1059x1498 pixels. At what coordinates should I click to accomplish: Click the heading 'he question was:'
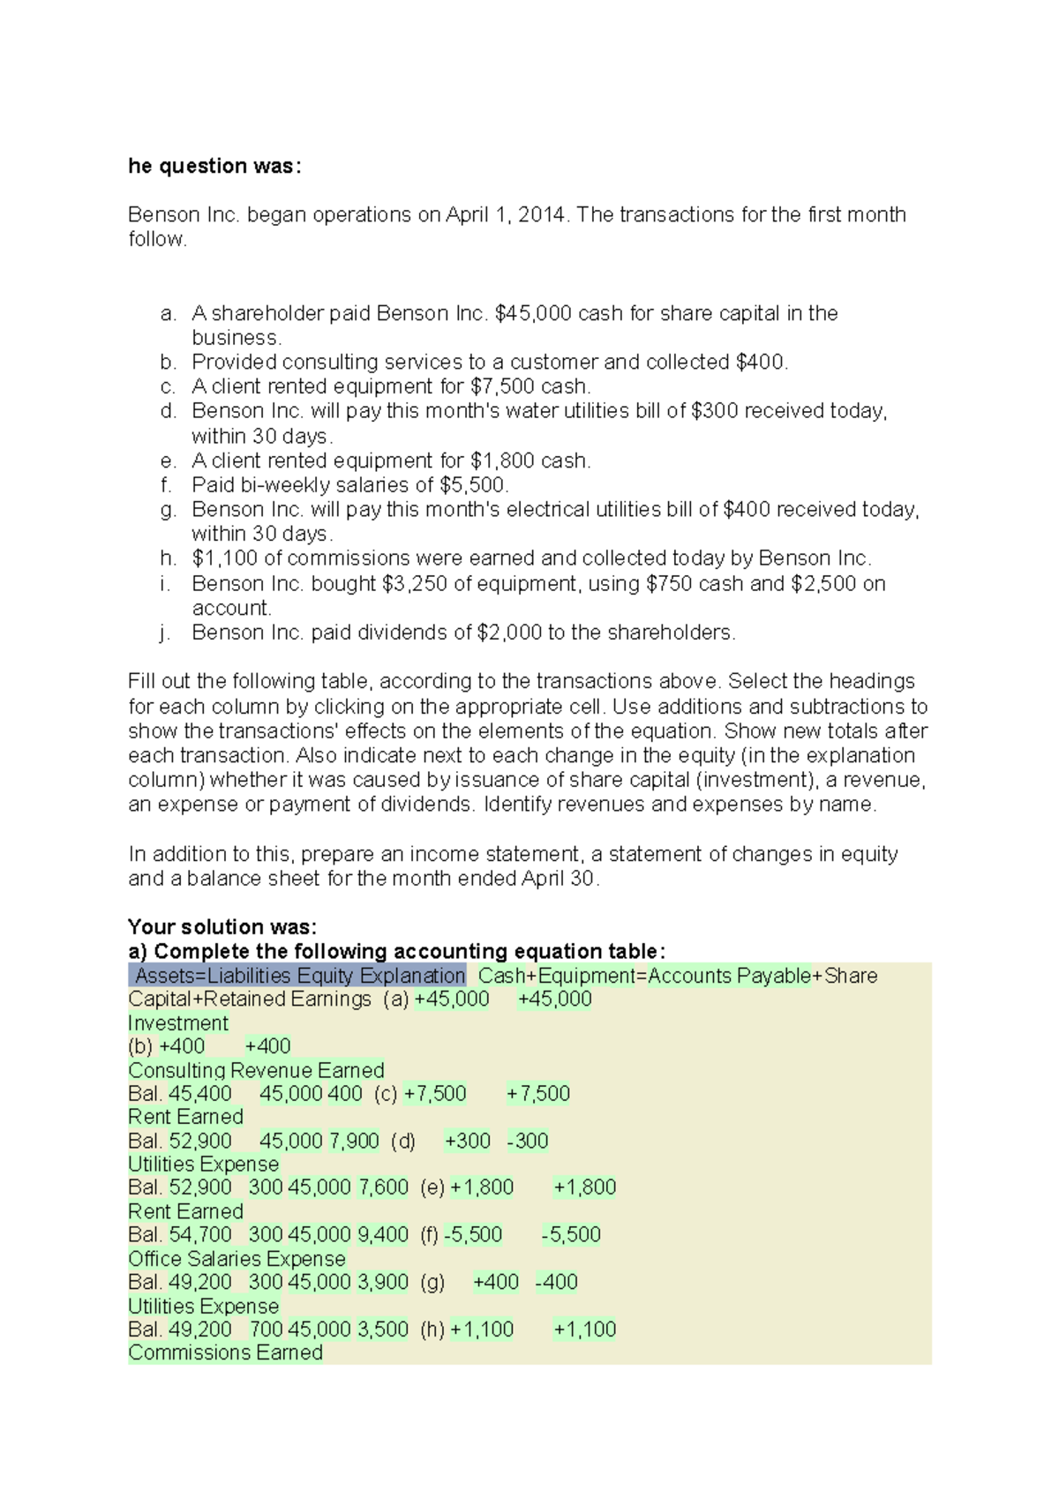pyautogui.click(x=214, y=166)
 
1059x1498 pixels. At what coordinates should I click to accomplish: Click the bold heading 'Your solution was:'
pyautogui.click(x=222, y=926)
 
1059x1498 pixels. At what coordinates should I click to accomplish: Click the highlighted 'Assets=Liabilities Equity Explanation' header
pyautogui.click(x=299, y=976)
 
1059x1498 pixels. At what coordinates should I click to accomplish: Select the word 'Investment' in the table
pyautogui.click(x=178, y=1023)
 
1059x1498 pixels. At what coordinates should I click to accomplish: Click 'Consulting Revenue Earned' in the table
pyautogui.click(x=256, y=1070)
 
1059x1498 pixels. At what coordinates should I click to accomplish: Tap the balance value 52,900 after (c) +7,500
pyautogui.click(x=200, y=1141)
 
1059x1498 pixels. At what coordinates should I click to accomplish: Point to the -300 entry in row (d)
pyautogui.click(x=528, y=1141)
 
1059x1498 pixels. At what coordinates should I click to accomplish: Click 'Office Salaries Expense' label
pyautogui.click(x=237, y=1259)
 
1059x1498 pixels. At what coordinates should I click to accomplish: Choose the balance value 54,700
pyautogui.click(x=200, y=1235)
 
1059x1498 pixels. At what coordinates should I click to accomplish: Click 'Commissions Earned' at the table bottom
pyautogui.click(x=225, y=1352)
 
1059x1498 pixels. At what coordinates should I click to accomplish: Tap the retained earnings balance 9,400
pyautogui.click(x=382, y=1235)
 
